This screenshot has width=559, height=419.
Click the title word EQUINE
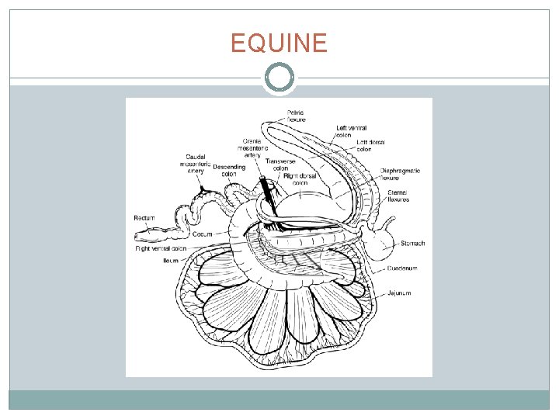[x=279, y=43]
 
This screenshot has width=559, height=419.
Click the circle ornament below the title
[x=279, y=78]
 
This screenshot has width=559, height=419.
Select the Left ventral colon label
[x=352, y=131]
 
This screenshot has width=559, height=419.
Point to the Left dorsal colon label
[x=370, y=146]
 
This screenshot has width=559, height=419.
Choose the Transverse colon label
[x=276, y=164]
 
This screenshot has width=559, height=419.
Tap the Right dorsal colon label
[x=300, y=180]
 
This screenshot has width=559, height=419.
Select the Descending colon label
[x=229, y=171]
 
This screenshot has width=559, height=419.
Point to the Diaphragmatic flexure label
[x=400, y=175]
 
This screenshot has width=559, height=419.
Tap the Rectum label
[x=144, y=218]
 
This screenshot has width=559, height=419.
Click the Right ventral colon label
[x=161, y=248]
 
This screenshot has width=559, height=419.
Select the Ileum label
[x=171, y=261]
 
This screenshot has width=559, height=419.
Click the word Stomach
[x=412, y=244]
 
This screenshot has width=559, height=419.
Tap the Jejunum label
[x=401, y=293]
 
